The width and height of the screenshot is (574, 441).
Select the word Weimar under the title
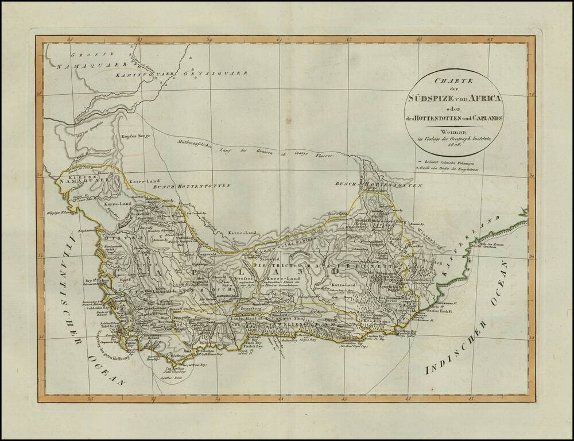pos(453,130)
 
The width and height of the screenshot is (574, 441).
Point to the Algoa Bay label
pos(307,339)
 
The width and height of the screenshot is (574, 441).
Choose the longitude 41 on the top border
pos(279,40)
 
